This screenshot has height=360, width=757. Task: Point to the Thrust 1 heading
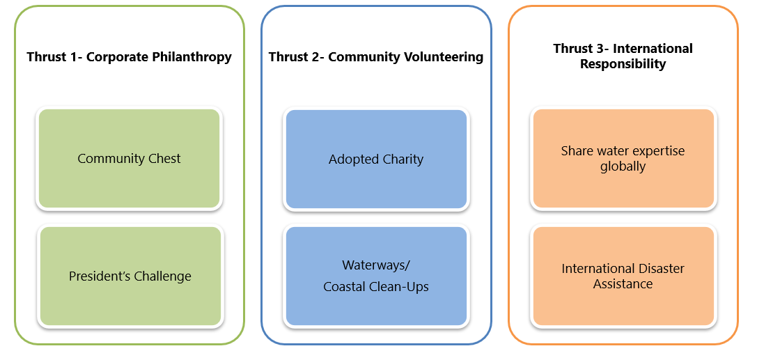pyautogui.click(x=129, y=57)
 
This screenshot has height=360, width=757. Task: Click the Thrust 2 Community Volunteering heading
pyautogui.click(x=376, y=57)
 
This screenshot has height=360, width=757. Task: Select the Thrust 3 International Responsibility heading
pyautogui.click(x=623, y=56)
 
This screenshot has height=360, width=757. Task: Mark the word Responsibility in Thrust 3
pyautogui.click(x=623, y=64)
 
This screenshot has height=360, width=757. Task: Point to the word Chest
pyautogui.click(x=164, y=159)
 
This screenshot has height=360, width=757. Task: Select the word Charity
pyautogui.click(x=402, y=159)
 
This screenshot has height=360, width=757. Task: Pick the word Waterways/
pyautogui.click(x=376, y=265)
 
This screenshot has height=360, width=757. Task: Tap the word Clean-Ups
pyautogui.click(x=403, y=287)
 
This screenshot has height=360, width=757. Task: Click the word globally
pyautogui.click(x=623, y=167)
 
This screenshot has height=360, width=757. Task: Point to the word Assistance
pyautogui.click(x=623, y=284)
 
